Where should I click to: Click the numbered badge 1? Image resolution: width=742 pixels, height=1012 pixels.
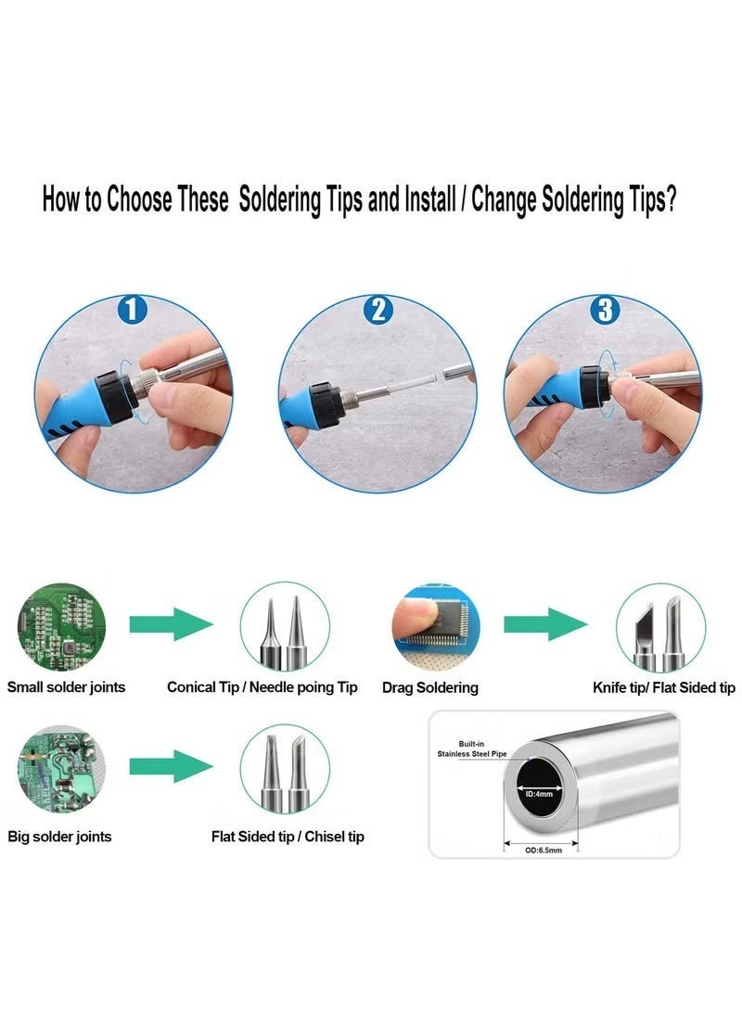click(133, 310)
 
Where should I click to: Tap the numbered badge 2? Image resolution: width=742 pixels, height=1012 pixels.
click(378, 310)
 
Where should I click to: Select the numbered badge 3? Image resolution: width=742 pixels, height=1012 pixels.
click(605, 310)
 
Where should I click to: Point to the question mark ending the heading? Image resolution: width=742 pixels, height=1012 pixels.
click(670, 199)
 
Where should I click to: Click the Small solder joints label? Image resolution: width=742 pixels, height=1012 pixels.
click(67, 686)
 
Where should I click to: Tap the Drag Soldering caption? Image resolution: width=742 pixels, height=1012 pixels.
click(430, 688)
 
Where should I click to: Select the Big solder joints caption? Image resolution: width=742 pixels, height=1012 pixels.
click(59, 837)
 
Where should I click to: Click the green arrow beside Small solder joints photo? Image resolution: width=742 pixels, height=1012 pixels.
click(171, 624)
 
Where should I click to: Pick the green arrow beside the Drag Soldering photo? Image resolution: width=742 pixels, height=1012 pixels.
click(545, 624)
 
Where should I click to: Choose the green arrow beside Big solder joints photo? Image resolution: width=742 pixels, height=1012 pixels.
click(171, 766)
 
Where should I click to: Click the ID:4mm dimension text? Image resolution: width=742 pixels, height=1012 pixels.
click(540, 794)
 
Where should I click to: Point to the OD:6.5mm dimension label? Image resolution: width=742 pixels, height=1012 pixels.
click(544, 850)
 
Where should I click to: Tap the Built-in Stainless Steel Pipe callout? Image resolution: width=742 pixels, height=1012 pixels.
click(472, 749)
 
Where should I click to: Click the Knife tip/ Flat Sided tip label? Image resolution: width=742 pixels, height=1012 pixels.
click(664, 688)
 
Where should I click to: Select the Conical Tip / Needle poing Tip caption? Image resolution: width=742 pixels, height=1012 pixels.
click(262, 687)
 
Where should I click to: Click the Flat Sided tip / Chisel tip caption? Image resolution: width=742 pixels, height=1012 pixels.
click(288, 837)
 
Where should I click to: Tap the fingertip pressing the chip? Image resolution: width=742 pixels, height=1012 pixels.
click(415, 612)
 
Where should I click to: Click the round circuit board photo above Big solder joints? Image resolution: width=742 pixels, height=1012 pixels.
click(61, 769)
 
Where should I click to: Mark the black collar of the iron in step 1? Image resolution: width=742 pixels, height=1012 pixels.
click(115, 396)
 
